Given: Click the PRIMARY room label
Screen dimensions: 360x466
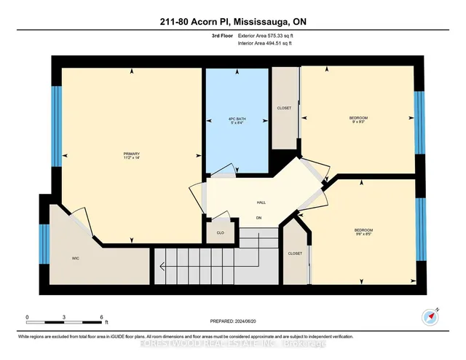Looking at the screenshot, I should pyautogui.click(x=131, y=153).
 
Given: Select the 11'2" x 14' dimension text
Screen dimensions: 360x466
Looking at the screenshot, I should pyautogui.click(x=131, y=159).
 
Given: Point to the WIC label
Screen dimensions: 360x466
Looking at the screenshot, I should pyautogui.click(x=75, y=258).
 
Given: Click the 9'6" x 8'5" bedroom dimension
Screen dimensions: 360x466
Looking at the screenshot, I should pyautogui.click(x=363, y=235).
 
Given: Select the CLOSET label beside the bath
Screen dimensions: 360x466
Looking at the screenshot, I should pyautogui.click(x=284, y=108).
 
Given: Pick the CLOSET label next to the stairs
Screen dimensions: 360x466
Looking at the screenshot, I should pyautogui.click(x=295, y=254).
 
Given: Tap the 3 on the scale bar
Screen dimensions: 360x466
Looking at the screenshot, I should pyautogui.click(x=65, y=317).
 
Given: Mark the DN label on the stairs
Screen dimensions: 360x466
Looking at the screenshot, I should pyautogui.click(x=258, y=218).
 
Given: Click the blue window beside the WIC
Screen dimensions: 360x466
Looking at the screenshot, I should pyautogui.click(x=44, y=245).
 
